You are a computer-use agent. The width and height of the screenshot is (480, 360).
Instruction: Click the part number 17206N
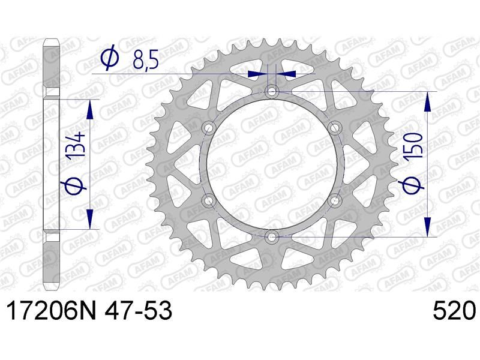(51, 311)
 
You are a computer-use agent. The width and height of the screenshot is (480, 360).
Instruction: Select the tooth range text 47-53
(139, 311)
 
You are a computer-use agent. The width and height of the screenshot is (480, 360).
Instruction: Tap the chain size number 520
(454, 311)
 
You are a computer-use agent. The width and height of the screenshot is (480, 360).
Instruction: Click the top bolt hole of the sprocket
(272, 91)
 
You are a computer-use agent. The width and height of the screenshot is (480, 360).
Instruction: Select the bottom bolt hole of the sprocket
(272, 236)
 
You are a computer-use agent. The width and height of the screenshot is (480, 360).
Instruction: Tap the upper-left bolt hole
(209, 127)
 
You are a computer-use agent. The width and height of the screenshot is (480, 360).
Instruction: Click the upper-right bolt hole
(334, 127)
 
